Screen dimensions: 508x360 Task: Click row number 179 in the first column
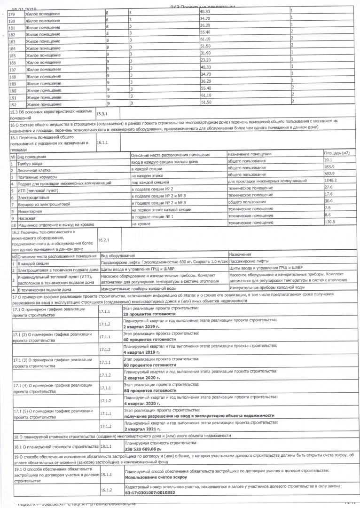pyautogui.click(x=12, y=14)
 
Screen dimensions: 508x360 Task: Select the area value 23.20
pyautogui.click(x=205, y=60)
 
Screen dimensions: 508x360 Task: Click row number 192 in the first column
pyautogui.click(x=13, y=104)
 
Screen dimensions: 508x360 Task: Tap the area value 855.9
pyautogui.click(x=329, y=167)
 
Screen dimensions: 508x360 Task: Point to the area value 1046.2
pyautogui.click(x=330, y=181)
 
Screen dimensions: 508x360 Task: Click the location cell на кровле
pyautogui.click(x=141, y=224)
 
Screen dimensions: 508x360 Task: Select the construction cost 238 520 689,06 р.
pyautogui.click(x=149, y=449)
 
